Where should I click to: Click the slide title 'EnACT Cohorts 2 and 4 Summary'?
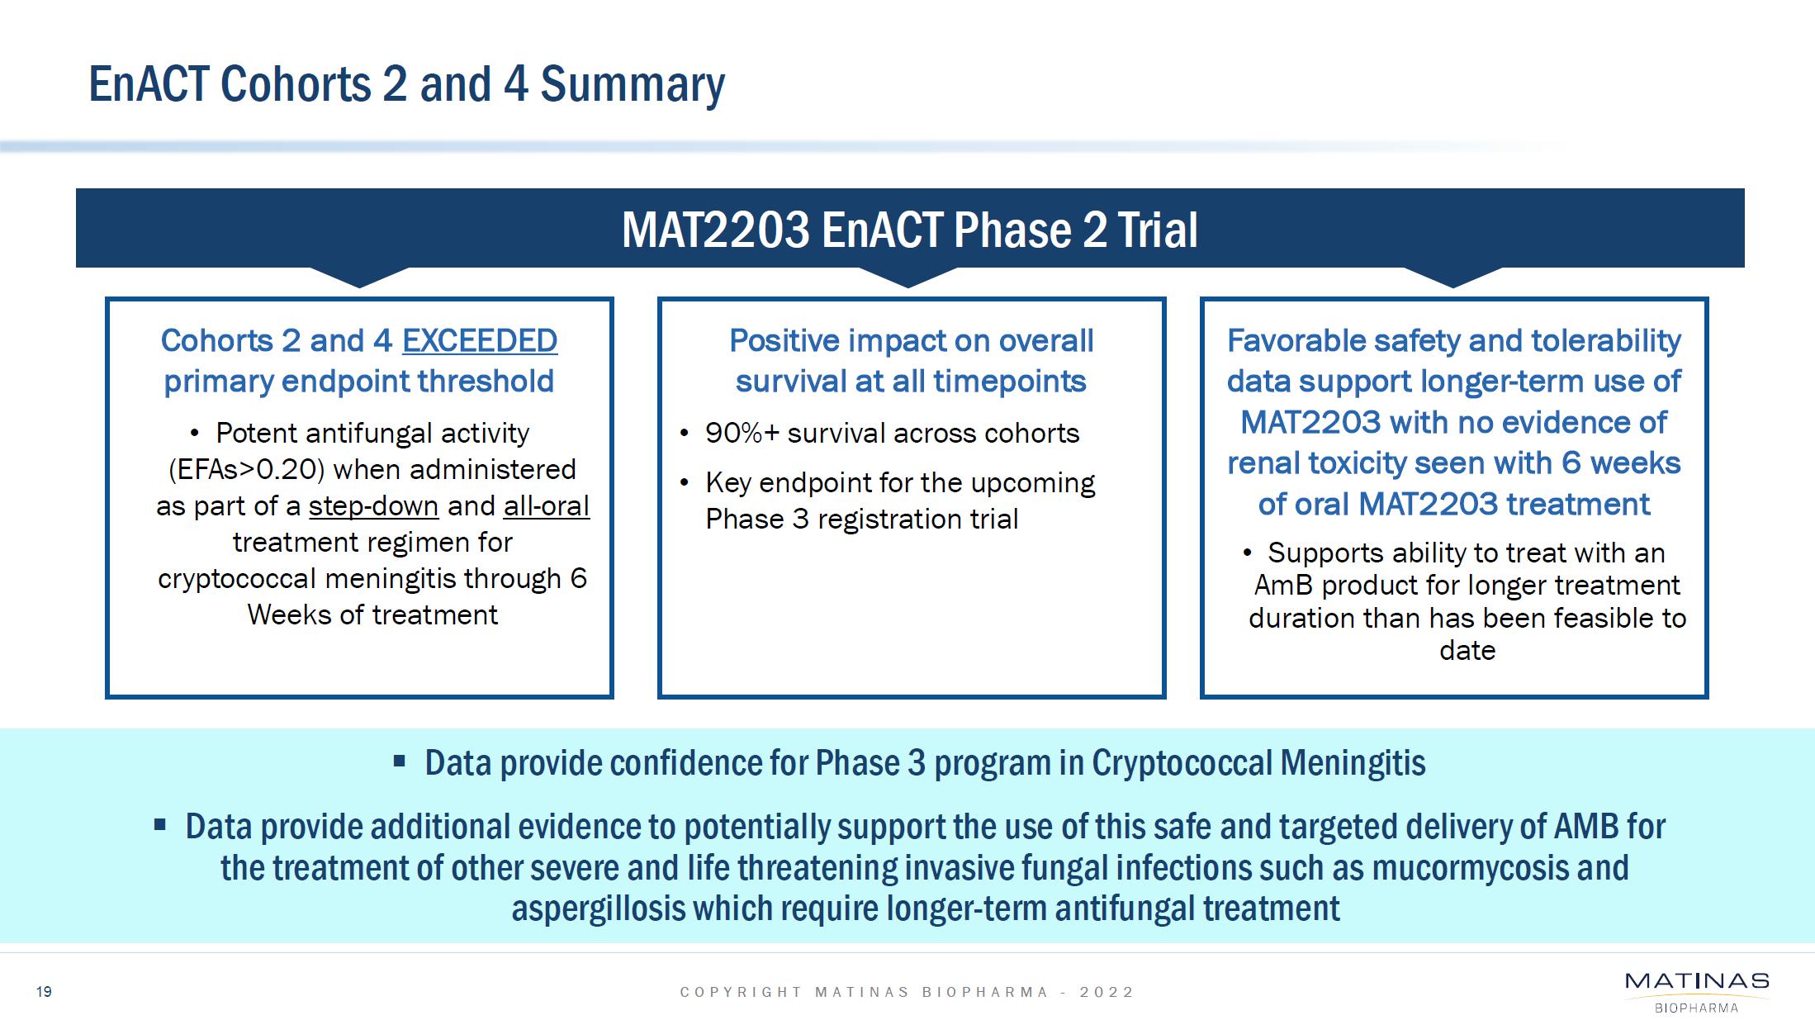tap(406, 85)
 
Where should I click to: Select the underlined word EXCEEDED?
tap(480, 340)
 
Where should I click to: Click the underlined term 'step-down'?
tap(373, 505)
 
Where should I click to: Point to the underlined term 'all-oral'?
tap(547, 505)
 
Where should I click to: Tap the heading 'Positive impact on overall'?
tap(911, 340)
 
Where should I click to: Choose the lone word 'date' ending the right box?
tap(1467, 650)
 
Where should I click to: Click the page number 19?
tap(44, 991)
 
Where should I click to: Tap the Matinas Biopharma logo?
tap(1697, 991)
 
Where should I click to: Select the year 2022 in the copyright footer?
tap(1107, 992)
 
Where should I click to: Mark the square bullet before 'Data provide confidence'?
tap(400, 761)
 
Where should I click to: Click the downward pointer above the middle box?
tap(908, 278)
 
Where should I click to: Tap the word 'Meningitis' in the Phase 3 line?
tap(1353, 762)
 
